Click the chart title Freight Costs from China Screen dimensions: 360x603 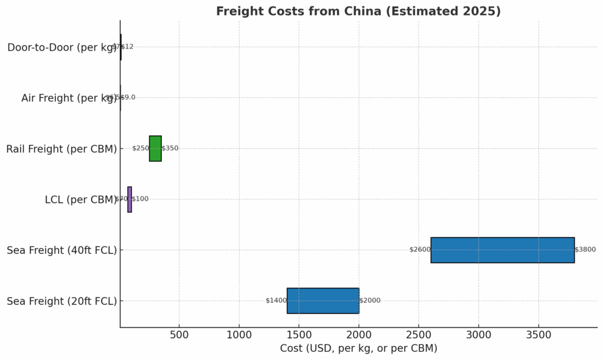pos(358,11)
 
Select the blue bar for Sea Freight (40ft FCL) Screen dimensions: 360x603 pos(502,250)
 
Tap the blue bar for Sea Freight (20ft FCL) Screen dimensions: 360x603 pos(323,300)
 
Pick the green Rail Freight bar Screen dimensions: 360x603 pos(155,148)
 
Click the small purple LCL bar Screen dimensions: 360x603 pos(130,199)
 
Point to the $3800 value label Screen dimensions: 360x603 pos(585,250)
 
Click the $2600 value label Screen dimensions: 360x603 pos(420,250)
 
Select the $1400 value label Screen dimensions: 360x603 pos(276,300)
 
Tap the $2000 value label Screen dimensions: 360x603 pos(370,300)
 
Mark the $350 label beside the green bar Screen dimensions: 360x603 pos(170,148)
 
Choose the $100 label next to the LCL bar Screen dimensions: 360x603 pos(140,199)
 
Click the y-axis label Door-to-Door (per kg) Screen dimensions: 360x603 pos(62,48)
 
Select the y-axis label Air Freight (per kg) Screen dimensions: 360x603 pos(69,98)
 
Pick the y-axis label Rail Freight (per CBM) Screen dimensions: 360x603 pos(61,149)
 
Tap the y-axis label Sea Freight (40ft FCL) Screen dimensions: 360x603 pos(62,250)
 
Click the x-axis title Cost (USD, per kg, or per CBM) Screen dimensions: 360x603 pos(358,349)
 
